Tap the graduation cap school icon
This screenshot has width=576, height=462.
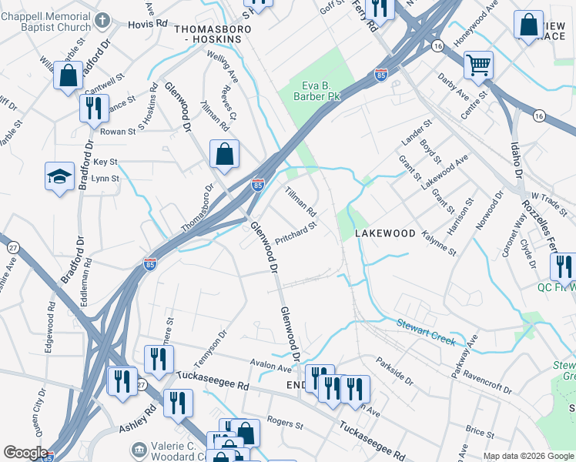click(59, 176)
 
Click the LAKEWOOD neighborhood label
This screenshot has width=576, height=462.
click(385, 233)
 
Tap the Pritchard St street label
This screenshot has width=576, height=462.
click(296, 233)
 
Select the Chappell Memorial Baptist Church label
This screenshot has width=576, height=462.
click(45, 22)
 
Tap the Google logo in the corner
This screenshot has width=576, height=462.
click(25, 453)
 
